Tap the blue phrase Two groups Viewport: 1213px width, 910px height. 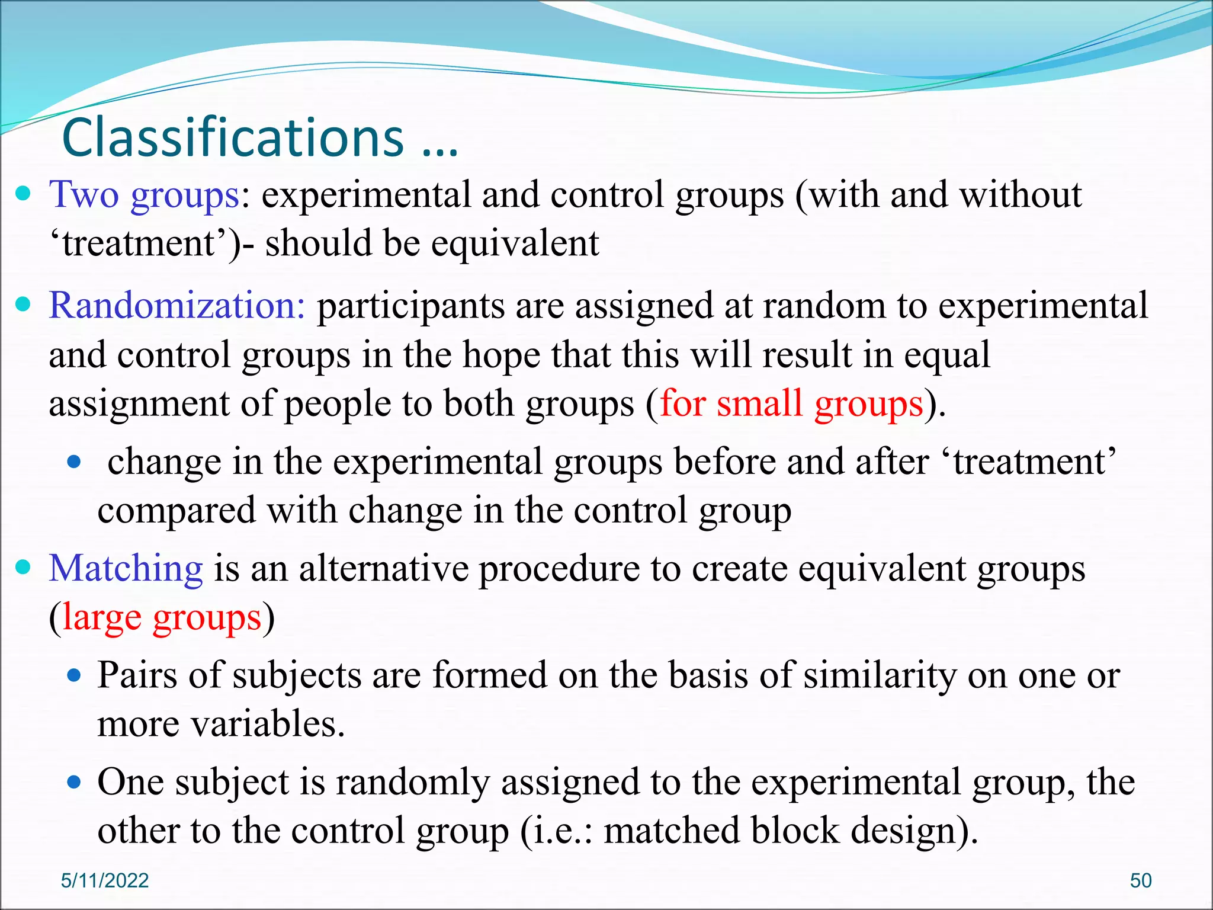[144, 195]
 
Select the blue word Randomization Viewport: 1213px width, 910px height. [177, 306]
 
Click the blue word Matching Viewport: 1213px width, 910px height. [126, 568]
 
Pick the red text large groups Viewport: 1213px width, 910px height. [162, 617]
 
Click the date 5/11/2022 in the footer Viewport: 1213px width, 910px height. [105, 880]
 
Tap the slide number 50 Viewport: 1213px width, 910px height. [1141, 880]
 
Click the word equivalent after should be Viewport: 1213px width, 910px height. [515, 243]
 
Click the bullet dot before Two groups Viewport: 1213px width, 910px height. [23, 194]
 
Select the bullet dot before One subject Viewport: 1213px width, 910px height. [73, 782]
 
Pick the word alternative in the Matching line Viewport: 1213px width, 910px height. [383, 568]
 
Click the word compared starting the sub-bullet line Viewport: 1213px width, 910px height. [177, 511]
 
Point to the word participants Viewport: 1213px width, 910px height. [410, 307]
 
